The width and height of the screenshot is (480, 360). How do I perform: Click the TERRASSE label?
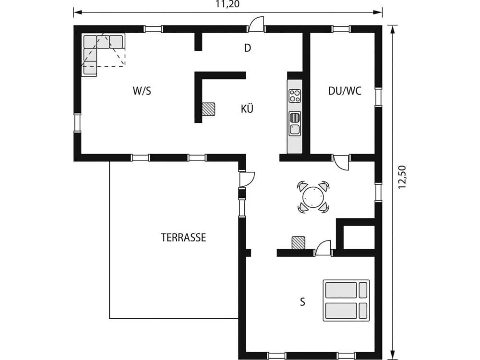click(x=183, y=238)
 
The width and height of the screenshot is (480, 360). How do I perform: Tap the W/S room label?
click(x=142, y=91)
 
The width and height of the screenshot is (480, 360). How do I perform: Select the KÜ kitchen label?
click(x=247, y=109)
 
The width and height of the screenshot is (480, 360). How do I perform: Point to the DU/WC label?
click(x=345, y=91)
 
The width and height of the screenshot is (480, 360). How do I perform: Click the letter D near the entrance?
click(x=248, y=48)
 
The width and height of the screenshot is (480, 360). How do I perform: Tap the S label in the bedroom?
click(x=302, y=302)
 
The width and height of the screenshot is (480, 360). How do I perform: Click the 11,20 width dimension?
click(x=228, y=5)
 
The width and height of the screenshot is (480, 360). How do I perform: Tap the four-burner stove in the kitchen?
click(x=295, y=96)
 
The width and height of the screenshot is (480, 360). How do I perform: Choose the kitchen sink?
click(x=295, y=123)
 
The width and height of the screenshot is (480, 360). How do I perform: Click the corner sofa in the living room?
click(x=98, y=50)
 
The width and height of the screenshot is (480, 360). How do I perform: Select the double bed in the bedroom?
click(x=346, y=300)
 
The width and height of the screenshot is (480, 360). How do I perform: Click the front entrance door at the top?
click(x=256, y=24)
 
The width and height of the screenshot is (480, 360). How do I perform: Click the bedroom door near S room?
click(x=323, y=248)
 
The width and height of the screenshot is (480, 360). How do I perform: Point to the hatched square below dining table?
click(x=299, y=243)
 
